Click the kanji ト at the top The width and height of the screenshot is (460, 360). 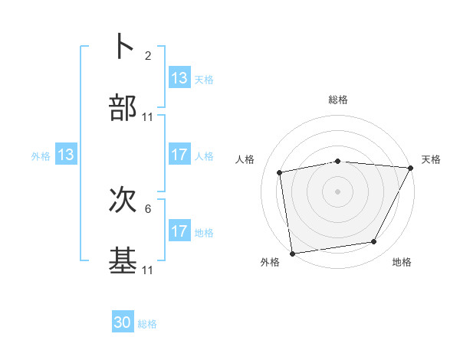123,46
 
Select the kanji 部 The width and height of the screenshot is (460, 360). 123,108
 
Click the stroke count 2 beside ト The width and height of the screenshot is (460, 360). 148,56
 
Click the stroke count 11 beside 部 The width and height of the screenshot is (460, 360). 148,117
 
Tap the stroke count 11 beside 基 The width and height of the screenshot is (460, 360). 148,270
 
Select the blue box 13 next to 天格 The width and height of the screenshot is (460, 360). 179,78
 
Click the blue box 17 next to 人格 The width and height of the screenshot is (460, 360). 179,155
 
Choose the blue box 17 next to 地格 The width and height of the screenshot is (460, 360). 179,231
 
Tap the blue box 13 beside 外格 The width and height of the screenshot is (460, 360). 66,155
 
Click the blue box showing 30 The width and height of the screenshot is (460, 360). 123,322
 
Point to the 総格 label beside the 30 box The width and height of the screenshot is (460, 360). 148,324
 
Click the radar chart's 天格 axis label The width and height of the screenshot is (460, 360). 432,159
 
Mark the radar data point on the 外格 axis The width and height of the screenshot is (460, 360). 292,253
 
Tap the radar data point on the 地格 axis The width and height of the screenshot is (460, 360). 374,242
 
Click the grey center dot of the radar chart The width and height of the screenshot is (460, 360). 337,191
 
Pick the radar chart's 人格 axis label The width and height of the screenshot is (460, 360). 245,159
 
